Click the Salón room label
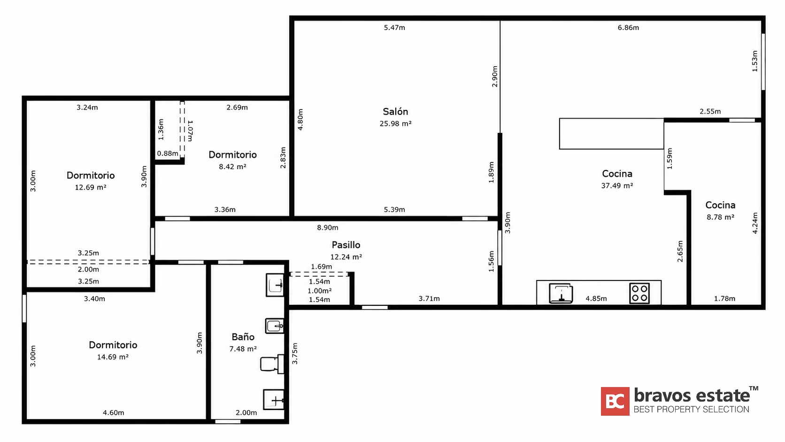(x=395, y=111)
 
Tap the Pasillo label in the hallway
(x=346, y=245)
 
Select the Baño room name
(x=243, y=337)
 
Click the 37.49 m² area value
(x=617, y=186)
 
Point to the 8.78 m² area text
(x=720, y=217)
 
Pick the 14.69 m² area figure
(x=113, y=357)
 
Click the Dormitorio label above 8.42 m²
(x=233, y=155)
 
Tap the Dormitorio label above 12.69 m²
(x=91, y=175)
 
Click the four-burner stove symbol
(x=639, y=293)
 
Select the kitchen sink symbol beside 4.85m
(x=561, y=293)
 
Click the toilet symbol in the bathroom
(x=272, y=364)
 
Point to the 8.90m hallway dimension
(x=328, y=227)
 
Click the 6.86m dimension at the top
(x=628, y=27)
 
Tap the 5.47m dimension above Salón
(x=394, y=27)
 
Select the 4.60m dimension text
(x=113, y=412)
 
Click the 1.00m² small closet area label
(x=320, y=291)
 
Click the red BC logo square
(x=615, y=401)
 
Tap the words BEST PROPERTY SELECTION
(x=692, y=409)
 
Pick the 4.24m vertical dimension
(x=755, y=223)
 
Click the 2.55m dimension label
(x=710, y=111)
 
